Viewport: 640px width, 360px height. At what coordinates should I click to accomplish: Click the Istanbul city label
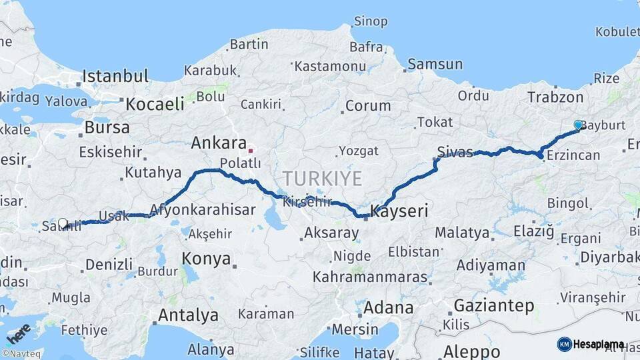[x=115, y=75]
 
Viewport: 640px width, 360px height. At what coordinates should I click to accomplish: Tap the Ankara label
[x=219, y=143]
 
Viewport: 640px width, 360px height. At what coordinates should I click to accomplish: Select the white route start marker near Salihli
[x=63, y=223]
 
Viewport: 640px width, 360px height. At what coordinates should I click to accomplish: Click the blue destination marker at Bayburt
[x=578, y=125]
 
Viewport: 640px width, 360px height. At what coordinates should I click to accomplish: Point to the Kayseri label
[x=398, y=212]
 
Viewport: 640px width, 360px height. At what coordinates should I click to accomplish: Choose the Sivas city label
[x=455, y=151]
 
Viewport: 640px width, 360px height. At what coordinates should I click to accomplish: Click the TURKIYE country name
[x=322, y=179]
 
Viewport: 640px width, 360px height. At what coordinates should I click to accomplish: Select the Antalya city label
[x=188, y=314]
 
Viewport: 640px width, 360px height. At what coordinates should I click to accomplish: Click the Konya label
[x=206, y=259]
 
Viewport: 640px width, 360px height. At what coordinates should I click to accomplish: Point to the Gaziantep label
[x=493, y=306]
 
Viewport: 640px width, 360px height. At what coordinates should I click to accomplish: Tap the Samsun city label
[x=435, y=65]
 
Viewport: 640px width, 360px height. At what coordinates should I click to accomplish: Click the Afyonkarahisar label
[x=203, y=210]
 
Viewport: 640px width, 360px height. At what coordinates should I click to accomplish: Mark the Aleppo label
[x=471, y=351]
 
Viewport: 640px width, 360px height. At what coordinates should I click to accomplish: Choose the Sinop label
[x=370, y=22]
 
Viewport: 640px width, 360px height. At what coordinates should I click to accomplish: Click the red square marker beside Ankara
[x=251, y=150]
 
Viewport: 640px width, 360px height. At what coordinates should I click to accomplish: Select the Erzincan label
[x=573, y=155]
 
